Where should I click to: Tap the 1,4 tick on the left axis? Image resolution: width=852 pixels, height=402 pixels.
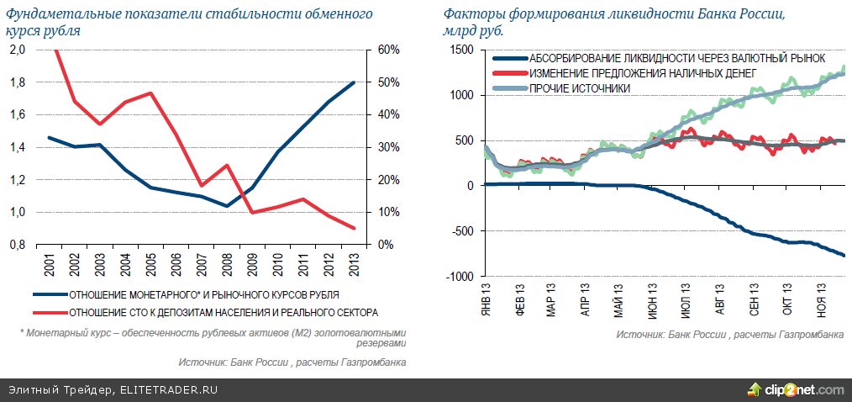(17, 147)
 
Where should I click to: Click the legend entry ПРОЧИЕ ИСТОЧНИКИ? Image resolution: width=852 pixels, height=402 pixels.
(579, 87)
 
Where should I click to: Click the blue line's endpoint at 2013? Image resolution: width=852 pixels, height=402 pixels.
(354, 82)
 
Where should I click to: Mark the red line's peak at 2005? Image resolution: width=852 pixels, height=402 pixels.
(150, 93)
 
